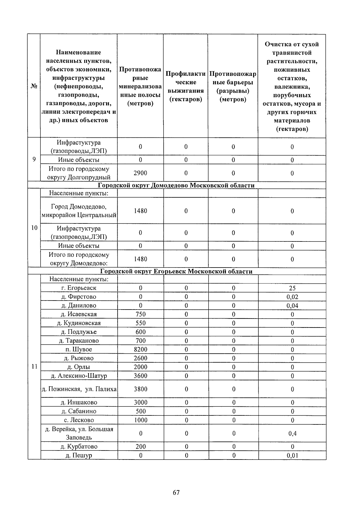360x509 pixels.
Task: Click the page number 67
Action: [176, 492]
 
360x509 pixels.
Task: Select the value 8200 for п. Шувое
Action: [140, 349]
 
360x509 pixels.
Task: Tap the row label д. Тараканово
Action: [79, 341]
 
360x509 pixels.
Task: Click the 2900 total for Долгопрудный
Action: [140, 173]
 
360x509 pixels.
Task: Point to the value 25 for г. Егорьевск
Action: [292, 288]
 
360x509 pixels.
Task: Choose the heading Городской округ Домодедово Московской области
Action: [176, 185]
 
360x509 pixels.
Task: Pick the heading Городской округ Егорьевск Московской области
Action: [176, 271]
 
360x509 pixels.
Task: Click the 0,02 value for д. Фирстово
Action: [292, 297]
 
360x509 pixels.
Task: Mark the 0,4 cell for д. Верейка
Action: [292, 433]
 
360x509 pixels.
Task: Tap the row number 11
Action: [34, 367]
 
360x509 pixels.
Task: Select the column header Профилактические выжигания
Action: [186, 86]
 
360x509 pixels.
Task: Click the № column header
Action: [34, 86]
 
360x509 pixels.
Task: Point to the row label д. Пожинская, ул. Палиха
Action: [79, 389]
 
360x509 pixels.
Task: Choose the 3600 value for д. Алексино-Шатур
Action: [140, 376]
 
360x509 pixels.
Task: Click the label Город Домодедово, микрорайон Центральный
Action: [79, 211]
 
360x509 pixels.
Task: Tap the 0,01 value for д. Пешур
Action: [292, 456]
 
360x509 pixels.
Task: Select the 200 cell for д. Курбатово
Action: [140, 447]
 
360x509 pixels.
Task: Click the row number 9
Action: [34, 160]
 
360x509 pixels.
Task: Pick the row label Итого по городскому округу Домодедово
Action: [79, 259]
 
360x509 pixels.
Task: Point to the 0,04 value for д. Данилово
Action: [292, 306]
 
